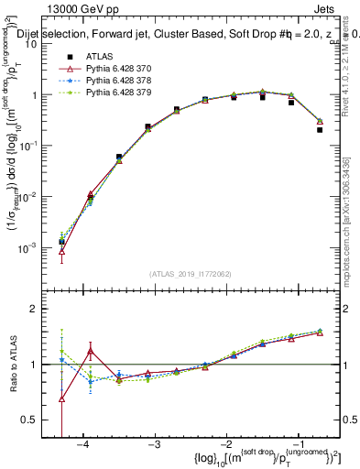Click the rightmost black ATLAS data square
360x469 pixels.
320,129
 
